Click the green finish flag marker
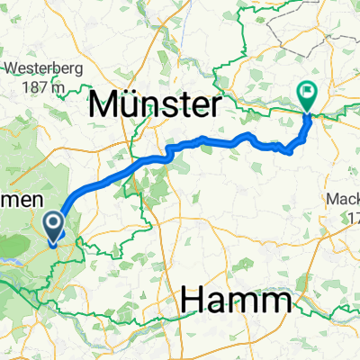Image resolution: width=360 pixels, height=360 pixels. (307, 94)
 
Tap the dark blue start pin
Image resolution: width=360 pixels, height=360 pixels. (54, 228)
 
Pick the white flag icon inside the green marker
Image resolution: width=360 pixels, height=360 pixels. (307, 91)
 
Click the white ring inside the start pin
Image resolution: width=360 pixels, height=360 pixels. (54, 224)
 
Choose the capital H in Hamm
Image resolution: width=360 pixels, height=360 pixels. (193, 301)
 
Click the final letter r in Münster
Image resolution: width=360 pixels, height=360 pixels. (214, 107)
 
